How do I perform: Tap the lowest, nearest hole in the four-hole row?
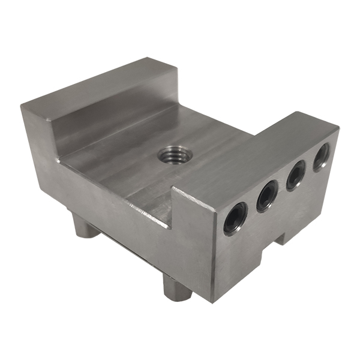(x=235, y=218)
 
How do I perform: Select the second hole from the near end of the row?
(x=267, y=196)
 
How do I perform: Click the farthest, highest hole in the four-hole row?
(x=321, y=157)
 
